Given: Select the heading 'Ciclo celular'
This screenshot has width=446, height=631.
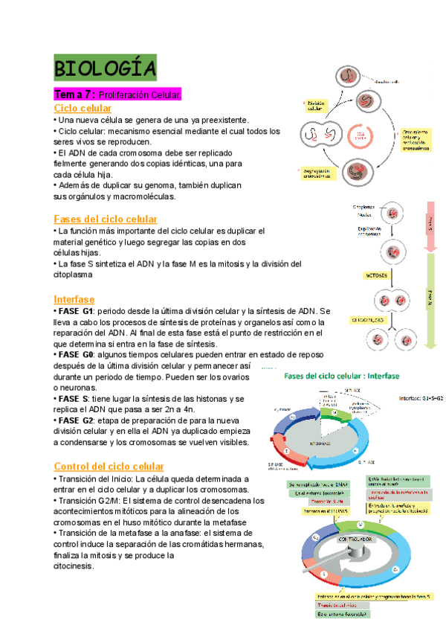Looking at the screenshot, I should coord(83,108).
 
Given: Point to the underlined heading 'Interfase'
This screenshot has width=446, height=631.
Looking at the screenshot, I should coord(74,299).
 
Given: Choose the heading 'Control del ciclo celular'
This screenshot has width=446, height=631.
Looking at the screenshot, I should coord(109,466).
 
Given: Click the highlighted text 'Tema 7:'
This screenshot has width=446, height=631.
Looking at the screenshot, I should coord(72,95).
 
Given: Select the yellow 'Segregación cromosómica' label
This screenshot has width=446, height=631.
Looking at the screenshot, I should coord(318,173).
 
